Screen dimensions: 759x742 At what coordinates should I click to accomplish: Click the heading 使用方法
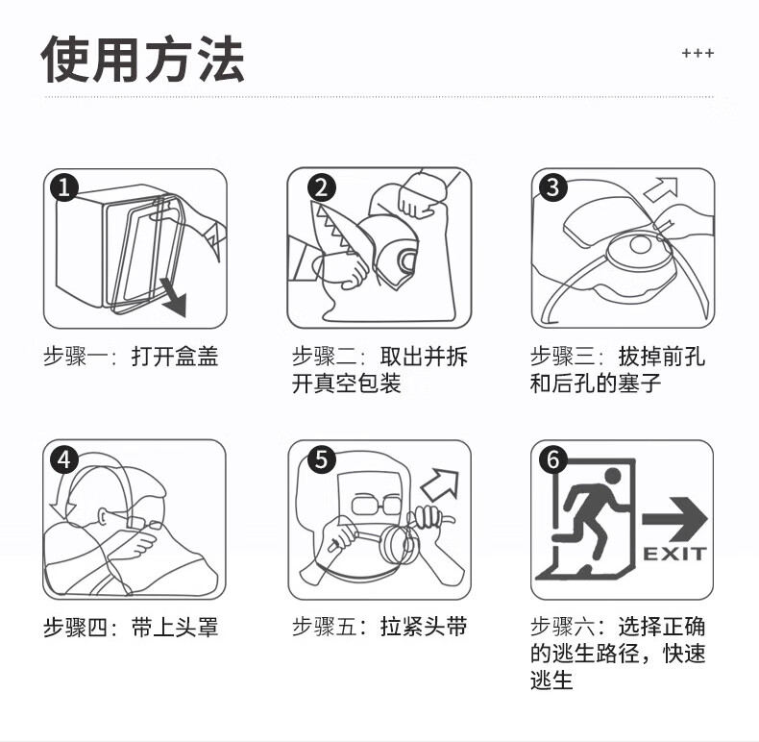click(143, 59)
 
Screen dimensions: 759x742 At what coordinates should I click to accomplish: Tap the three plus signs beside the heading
click(698, 53)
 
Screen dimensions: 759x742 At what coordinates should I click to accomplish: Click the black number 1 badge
click(64, 187)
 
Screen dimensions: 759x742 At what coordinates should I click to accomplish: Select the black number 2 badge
click(322, 187)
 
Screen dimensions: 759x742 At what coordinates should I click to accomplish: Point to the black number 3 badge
click(552, 187)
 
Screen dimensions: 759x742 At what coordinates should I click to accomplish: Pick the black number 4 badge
click(64, 459)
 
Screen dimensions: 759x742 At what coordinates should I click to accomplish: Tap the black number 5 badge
click(322, 459)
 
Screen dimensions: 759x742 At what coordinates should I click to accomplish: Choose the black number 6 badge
click(552, 459)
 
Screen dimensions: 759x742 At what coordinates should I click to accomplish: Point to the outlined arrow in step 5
click(440, 483)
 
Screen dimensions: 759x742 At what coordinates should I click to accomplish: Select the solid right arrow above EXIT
click(674, 519)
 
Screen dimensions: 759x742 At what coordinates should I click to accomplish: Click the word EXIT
click(674, 554)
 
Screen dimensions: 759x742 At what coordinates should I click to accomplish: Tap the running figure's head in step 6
click(612, 476)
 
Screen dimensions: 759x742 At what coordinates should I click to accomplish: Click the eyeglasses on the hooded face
click(376, 505)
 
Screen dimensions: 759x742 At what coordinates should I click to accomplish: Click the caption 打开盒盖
click(175, 357)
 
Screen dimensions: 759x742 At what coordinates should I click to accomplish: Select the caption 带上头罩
click(175, 628)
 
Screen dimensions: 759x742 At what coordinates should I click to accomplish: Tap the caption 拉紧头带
click(424, 627)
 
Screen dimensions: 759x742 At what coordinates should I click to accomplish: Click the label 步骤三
click(562, 357)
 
